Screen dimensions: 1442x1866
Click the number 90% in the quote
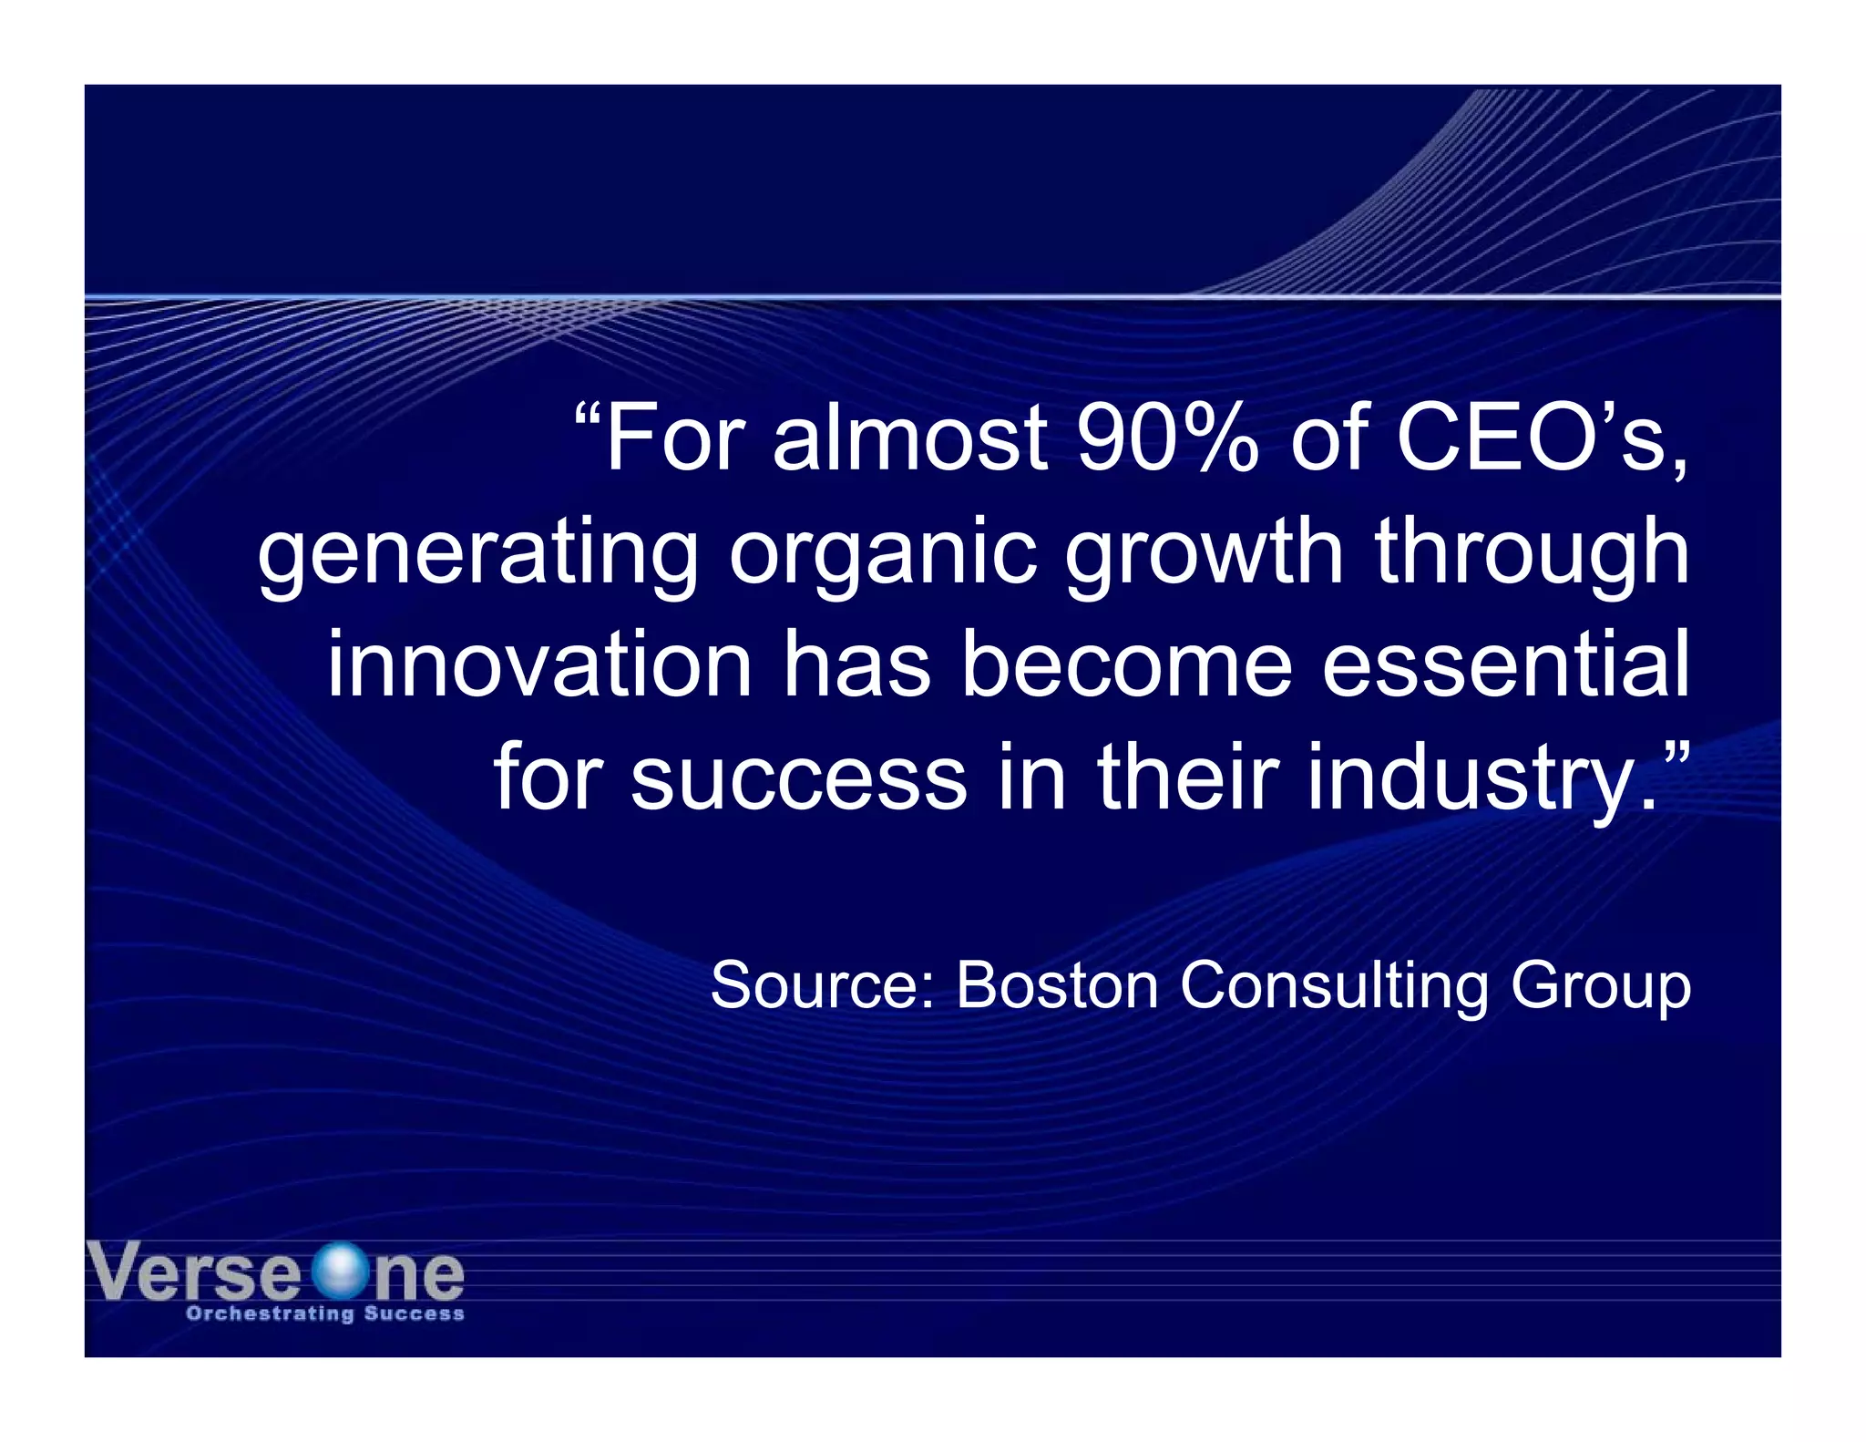tap(1166, 439)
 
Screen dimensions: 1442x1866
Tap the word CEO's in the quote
tap(1540, 439)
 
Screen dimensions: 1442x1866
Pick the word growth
tap(1203, 552)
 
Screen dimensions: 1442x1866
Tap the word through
tap(1532, 552)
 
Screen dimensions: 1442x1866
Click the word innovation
tap(539, 665)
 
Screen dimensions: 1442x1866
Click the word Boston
tap(1057, 985)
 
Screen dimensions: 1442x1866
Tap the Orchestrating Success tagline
tap(325, 1313)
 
